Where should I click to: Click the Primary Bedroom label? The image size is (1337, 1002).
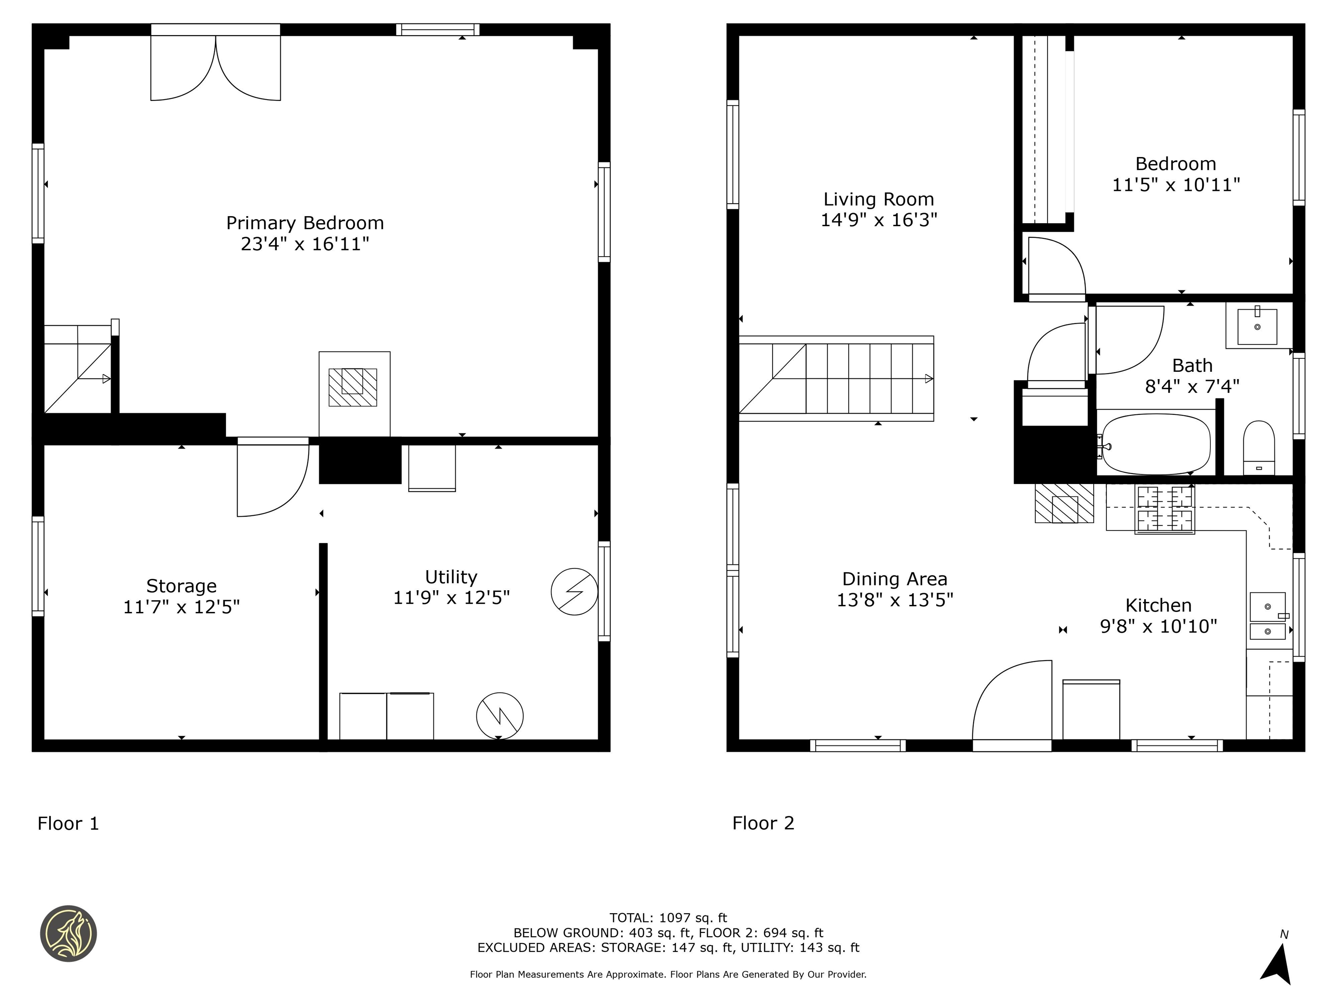pos(305,223)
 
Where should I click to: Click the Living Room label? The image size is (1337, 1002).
pos(878,199)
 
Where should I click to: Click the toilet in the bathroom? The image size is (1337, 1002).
pos(1259,448)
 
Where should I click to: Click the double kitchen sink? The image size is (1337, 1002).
pos(1267,615)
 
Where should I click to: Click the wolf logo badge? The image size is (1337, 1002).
pos(68,933)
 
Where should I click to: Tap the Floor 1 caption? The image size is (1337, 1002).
pos(68,823)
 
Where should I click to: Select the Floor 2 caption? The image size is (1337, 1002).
pos(763,823)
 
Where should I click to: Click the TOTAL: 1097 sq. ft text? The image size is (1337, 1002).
pos(668,918)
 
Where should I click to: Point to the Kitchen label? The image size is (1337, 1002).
pos(1158,605)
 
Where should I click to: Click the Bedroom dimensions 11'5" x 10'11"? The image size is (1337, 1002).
pos(1176,184)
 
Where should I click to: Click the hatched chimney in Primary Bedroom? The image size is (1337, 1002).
pos(353,387)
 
